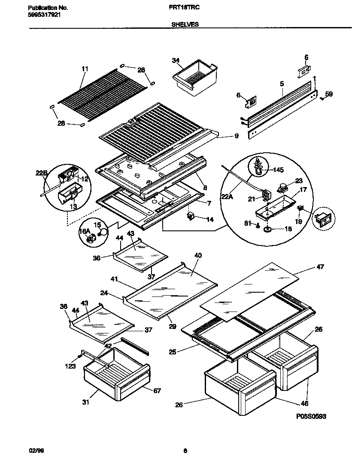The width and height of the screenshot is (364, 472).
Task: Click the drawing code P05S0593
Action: [313, 416]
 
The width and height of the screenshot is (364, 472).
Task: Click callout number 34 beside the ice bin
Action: [175, 61]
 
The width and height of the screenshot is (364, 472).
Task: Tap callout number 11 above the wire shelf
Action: [85, 69]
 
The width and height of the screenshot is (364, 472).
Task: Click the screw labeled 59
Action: [322, 98]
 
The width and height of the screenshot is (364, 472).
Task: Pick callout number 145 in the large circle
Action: [279, 170]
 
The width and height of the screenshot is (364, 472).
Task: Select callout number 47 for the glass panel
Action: [320, 267]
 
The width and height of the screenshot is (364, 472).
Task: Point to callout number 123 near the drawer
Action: [70, 366]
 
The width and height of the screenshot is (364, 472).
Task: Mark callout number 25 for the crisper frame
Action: [173, 352]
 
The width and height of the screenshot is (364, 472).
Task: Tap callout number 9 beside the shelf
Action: [236, 136]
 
